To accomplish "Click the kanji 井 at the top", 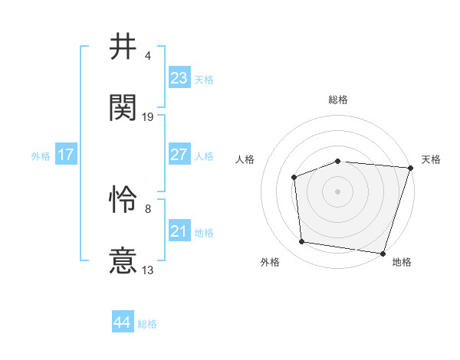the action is coord(123,47).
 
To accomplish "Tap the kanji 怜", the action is coord(123,201).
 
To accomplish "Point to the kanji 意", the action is coord(123,260).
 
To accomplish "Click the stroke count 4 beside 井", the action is coord(147,56).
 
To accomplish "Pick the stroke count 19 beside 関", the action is coord(149,116).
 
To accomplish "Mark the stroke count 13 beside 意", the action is coord(149,270).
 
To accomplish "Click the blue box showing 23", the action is coord(179,78).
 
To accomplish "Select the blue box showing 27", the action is coord(179,155).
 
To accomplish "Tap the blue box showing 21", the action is coord(179,231).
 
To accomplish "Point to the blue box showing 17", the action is coord(66,155).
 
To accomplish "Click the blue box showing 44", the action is coord(122,322).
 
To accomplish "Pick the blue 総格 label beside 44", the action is coord(147,324).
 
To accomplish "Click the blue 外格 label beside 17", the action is coord(41,156).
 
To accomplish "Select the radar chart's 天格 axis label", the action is coord(431,159).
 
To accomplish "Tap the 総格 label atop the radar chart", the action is coord(337,100).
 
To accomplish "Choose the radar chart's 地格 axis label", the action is coord(402,263).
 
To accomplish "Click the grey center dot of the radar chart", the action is coord(337,191).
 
